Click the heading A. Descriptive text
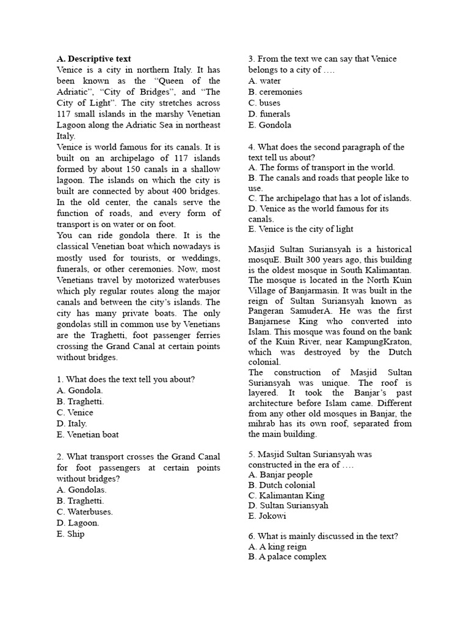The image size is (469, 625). pos(93,59)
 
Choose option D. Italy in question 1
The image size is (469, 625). pos(71,424)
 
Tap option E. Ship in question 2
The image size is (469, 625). pos(70,534)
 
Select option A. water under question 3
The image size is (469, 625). pos(265,81)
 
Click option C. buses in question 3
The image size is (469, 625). pos(264,103)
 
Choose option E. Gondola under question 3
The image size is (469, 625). pos(269,125)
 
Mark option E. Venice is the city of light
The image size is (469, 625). pos(300,229)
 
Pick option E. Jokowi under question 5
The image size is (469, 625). pos(267,516)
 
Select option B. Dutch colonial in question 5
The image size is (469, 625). pos(280,485)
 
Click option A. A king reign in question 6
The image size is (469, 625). pos(277,547)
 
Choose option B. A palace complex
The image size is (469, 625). pos(287,557)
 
